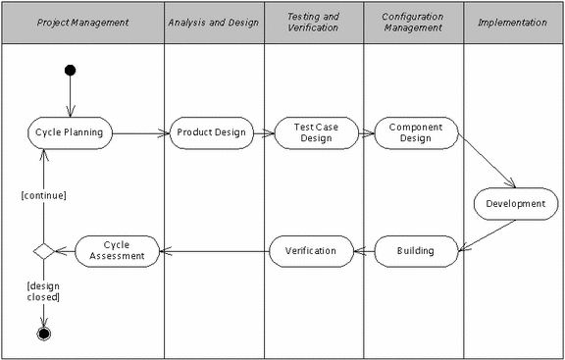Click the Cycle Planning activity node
click(70, 132)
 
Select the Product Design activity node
click(213, 132)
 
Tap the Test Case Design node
click(313, 132)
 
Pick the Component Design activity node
click(416, 132)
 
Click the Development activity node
click(516, 203)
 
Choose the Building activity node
click(416, 251)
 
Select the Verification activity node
click(311, 251)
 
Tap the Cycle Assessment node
click(118, 251)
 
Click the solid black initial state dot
click(70, 70)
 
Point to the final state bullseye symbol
click(43, 334)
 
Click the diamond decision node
click(43, 251)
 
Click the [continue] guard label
click(43, 195)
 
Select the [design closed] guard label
click(43, 290)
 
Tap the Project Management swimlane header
click(82, 23)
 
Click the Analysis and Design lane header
click(213, 23)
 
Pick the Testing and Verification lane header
click(313, 23)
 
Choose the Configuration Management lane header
click(414, 23)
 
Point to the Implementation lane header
click(513, 23)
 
